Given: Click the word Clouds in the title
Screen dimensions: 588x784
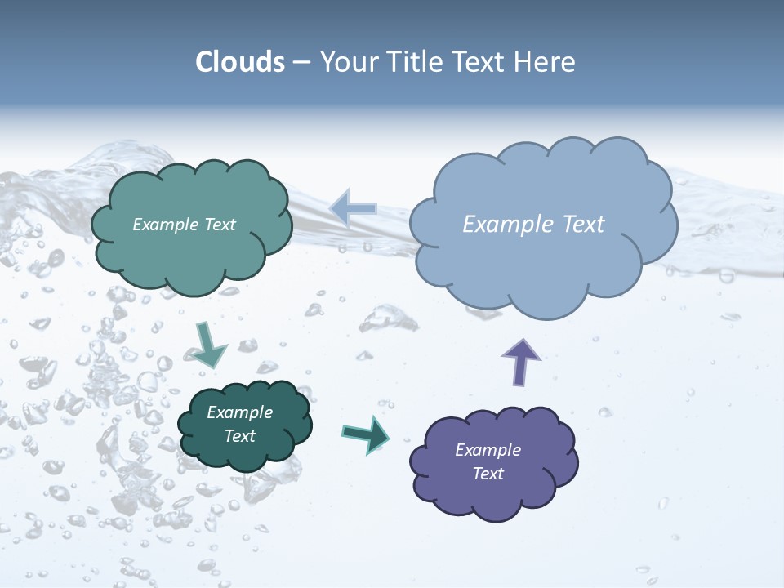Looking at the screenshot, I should (240, 62).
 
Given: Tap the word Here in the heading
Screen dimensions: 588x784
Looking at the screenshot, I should (546, 62).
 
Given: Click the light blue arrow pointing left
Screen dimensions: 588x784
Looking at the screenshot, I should (354, 208).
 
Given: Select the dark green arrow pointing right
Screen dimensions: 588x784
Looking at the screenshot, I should (365, 434).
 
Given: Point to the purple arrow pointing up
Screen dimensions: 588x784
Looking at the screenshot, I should (521, 362).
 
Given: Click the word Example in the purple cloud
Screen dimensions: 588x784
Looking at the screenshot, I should (488, 450).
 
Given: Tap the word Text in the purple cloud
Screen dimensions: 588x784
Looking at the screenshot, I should (488, 474).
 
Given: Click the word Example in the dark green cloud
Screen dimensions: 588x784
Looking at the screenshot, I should (239, 412).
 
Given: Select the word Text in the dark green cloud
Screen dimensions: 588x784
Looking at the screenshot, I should (239, 436).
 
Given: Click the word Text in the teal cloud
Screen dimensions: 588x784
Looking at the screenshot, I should (220, 225).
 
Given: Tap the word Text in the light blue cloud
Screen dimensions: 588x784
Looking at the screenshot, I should (583, 225).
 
